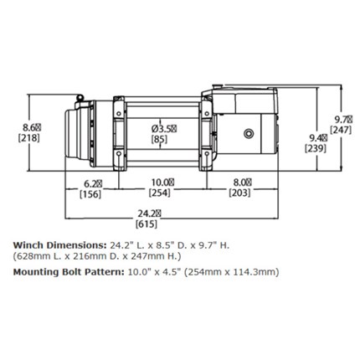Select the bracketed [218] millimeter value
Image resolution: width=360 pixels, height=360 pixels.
(29, 138)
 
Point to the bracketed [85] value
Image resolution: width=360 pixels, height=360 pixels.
(159, 139)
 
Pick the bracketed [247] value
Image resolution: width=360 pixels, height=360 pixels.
(341, 130)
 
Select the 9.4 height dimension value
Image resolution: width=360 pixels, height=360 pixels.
(319, 138)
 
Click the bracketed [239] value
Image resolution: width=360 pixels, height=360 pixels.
(316, 148)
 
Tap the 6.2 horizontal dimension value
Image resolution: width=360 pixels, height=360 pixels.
(93, 183)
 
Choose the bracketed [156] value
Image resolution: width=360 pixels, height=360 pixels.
(90, 193)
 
